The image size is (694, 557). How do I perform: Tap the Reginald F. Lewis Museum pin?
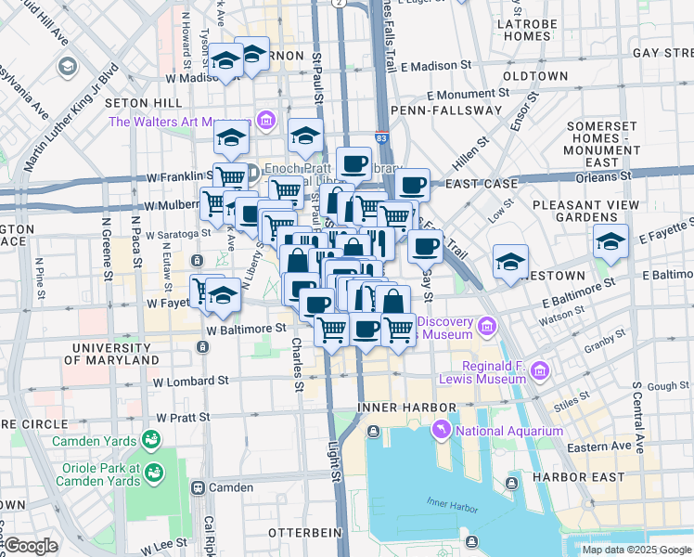pyautogui.click(x=539, y=371)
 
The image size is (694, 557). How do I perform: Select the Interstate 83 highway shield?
pyautogui.click(x=383, y=137)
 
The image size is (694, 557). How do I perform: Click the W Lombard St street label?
pyautogui.click(x=191, y=381)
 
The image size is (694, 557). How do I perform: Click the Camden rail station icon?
pyautogui.click(x=198, y=487)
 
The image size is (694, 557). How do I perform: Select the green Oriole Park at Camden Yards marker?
pyautogui.click(x=154, y=474)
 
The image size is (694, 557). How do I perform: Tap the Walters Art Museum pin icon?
pyautogui.click(x=267, y=121)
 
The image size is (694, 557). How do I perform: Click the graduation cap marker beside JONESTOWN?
pyautogui.click(x=510, y=261)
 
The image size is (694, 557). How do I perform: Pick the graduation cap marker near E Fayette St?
pyautogui.click(x=611, y=241)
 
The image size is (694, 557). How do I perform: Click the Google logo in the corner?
pyautogui.click(x=31, y=546)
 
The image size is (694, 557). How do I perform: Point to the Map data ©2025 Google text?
pyautogui.click(x=636, y=550)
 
